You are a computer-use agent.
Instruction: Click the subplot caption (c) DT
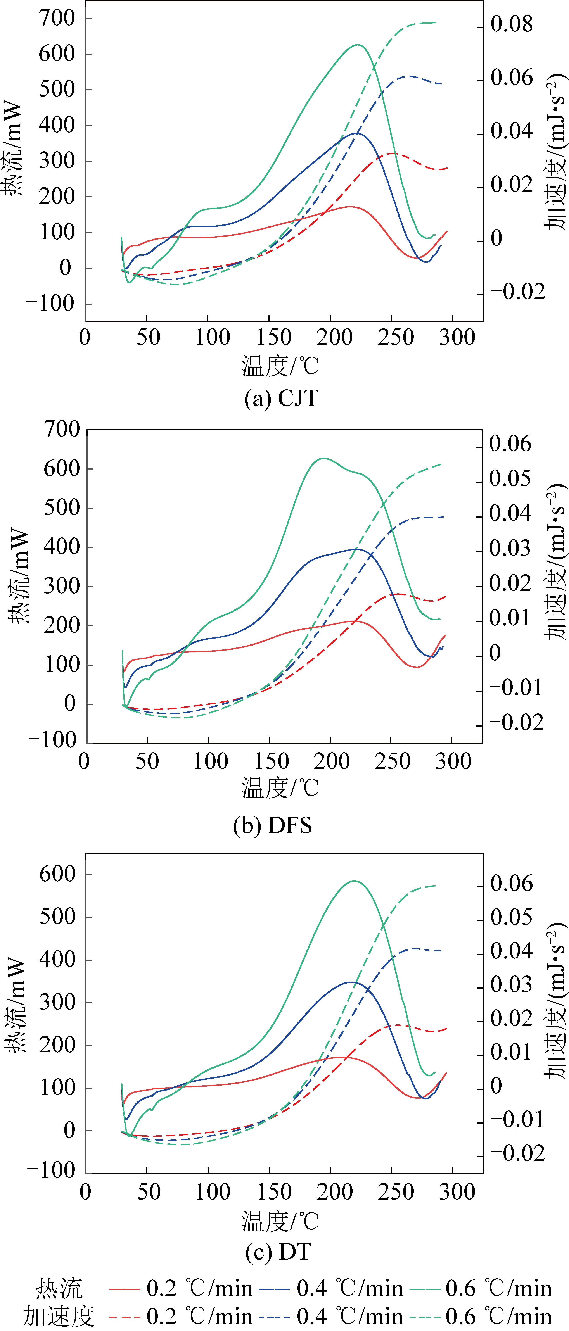(x=278, y=1252)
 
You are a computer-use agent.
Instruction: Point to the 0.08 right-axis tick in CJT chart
(x=511, y=24)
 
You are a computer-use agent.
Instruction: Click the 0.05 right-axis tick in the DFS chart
(x=510, y=478)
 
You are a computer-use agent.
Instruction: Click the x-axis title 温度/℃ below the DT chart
(x=280, y=1221)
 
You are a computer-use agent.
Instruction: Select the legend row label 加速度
(x=58, y=1316)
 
